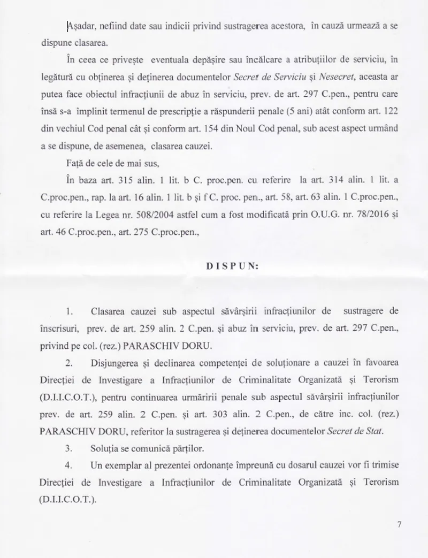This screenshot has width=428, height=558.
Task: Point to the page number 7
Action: tap(399, 525)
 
